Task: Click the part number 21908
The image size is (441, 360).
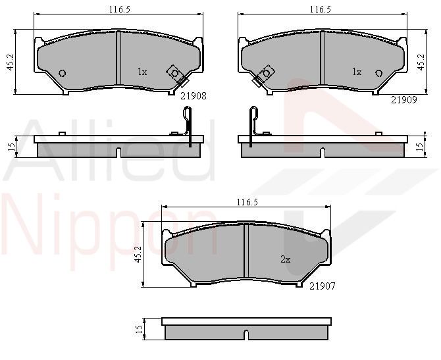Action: [194, 96]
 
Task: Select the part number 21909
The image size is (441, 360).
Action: [404, 99]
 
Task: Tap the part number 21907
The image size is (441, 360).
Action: [323, 286]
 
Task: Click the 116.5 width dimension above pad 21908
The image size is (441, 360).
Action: [120, 10]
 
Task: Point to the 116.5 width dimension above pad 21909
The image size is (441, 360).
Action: [321, 10]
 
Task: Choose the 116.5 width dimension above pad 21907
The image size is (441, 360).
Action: [247, 202]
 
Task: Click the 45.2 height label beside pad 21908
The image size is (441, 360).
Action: [11, 62]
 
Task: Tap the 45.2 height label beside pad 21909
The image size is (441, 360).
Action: [421, 62]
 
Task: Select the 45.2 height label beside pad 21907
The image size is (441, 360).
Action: [138, 254]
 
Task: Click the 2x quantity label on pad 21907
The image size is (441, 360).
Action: [285, 259]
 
